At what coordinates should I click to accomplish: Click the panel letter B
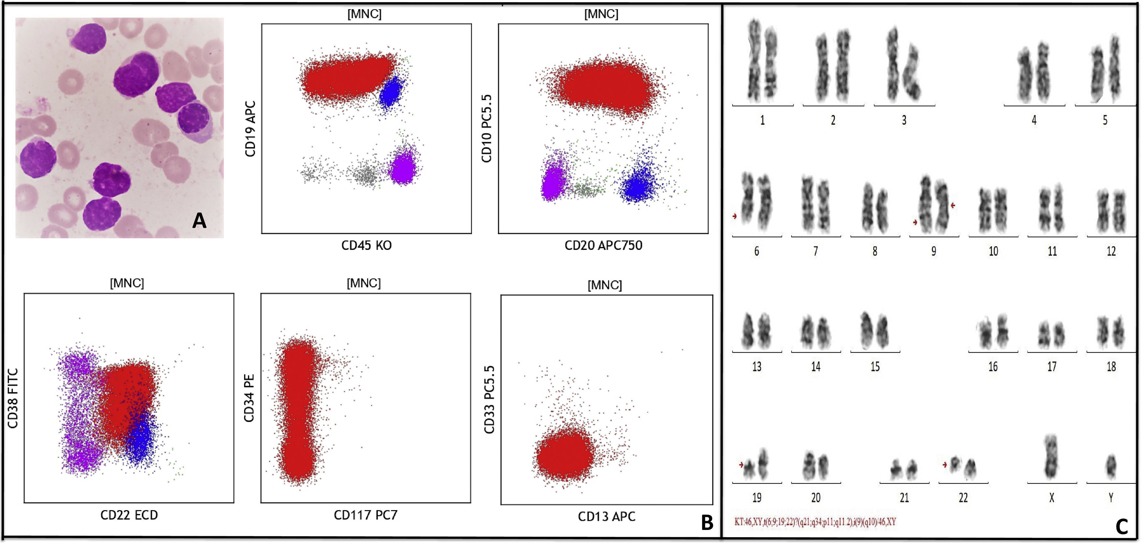tap(707, 522)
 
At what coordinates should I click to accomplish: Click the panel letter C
tap(1121, 526)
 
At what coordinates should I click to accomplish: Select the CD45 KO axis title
tap(366, 245)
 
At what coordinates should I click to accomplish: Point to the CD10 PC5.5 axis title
tap(486, 128)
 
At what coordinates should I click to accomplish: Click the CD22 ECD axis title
tap(129, 515)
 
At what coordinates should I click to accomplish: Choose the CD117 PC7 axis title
tap(365, 515)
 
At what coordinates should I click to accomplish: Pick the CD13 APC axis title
tap(606, 516)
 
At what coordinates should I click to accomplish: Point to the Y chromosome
tap(1111, 466)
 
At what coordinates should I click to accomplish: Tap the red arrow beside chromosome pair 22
tap(945, 464)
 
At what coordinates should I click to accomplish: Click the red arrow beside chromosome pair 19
tap(741, 464)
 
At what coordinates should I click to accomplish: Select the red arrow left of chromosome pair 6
tap(735, 216)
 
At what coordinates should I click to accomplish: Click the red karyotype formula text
tap(815, 522)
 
